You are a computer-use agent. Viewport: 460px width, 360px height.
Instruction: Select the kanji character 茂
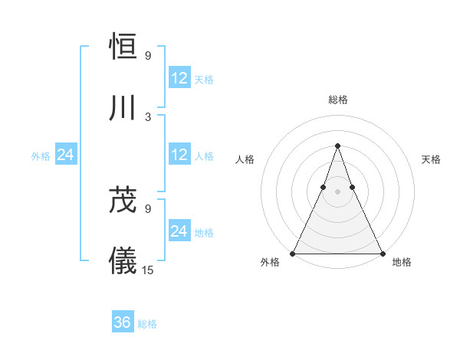(x=123, y=201)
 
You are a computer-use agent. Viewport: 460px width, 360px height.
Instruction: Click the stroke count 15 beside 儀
(x=148, y=270)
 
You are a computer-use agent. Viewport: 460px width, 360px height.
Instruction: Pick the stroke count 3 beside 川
(x=148, y=116)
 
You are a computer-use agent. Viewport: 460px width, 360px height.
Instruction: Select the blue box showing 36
(x=123, y=322)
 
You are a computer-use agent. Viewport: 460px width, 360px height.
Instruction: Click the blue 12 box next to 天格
(x=179, y=77)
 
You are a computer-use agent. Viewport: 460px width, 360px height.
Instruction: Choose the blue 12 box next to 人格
(x=179, y=154)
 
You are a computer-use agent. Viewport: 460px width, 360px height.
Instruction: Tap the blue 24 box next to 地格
(x=179, y=231)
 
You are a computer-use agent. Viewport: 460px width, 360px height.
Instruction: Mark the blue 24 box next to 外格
(x=66, y=155)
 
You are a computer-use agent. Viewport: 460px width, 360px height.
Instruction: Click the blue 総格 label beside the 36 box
(x=147, y=324)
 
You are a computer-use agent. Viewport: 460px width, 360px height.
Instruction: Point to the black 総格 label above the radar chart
(x=338, y=100)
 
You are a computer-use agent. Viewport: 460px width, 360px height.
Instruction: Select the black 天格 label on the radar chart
(x=431, y=159)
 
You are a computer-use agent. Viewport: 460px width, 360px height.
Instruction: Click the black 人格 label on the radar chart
(x=245, y=159)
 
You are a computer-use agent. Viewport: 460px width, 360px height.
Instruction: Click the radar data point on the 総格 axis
(x=337, y=146)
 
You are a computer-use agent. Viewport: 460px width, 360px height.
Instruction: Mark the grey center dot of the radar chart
(x=337, y=192)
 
